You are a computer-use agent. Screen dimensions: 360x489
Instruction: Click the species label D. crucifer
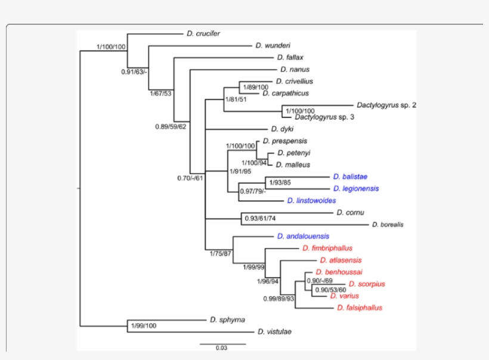pos(203,34)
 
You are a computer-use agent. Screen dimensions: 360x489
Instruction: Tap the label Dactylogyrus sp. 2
pos(386,105)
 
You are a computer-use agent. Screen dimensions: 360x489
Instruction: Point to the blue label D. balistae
pos(350,176)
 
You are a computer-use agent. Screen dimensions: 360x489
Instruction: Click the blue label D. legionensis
pos(354,188)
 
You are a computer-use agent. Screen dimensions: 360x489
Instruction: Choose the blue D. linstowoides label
pos(311,200)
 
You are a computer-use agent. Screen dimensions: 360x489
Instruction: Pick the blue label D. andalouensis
pos(303,236)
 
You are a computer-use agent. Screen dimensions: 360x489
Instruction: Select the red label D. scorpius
pos(367,284)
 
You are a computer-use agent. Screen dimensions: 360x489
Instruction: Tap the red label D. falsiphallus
pos(359,308)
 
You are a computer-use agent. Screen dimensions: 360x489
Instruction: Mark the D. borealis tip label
pos(388,225)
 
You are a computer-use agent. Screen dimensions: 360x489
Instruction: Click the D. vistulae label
pos(274,331)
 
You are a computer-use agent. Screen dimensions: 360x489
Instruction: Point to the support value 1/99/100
pos(144,325)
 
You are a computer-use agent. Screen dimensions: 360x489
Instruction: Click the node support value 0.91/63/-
pos(134,72)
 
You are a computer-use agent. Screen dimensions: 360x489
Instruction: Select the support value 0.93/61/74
pos(264,219)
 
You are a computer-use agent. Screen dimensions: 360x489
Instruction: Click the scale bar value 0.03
pos(222,349)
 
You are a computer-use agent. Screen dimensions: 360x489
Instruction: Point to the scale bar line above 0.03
pos(222,343)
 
